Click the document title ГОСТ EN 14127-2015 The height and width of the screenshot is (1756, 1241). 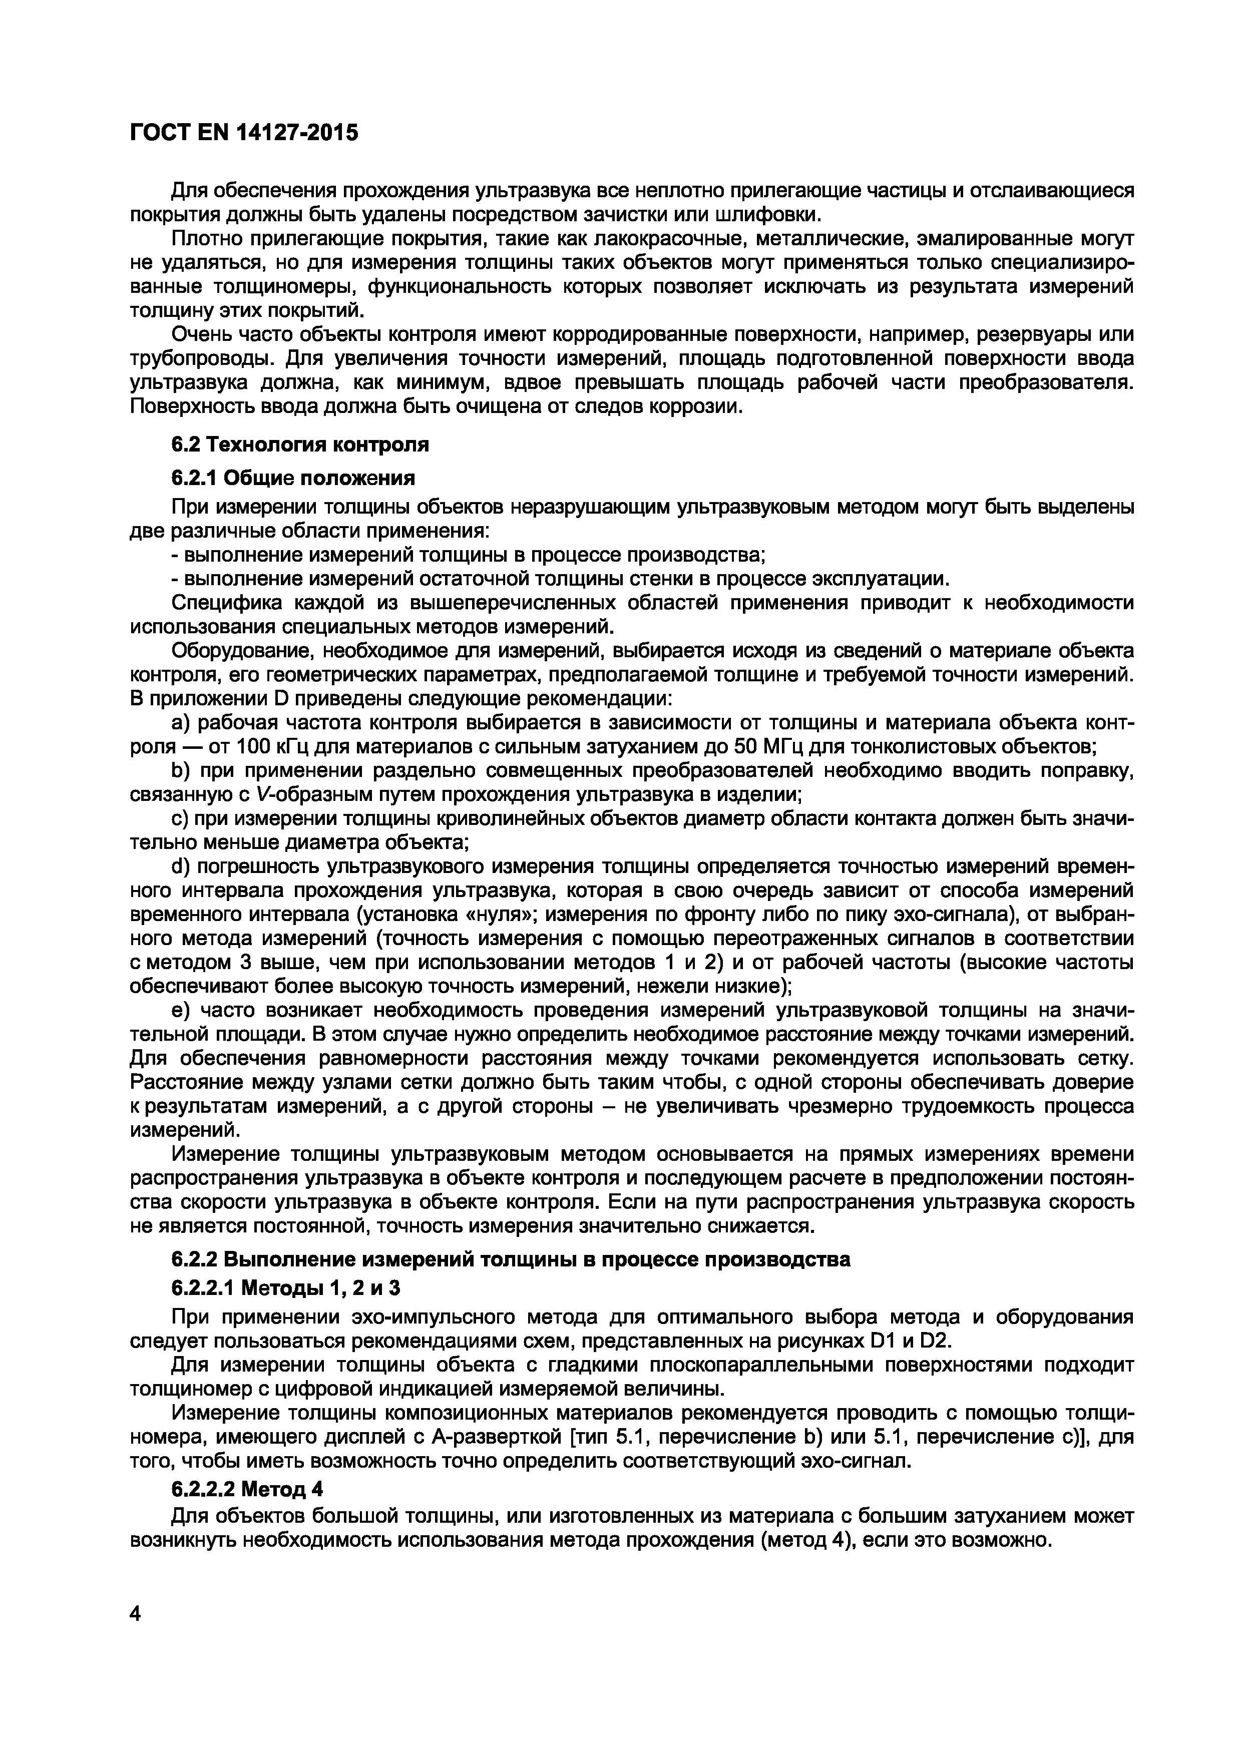(243, 133)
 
